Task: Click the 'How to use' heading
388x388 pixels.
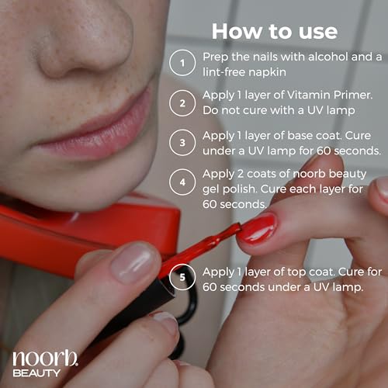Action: click(275, 32)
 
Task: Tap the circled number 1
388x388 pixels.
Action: click(182, 63)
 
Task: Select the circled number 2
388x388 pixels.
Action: click(182, 103)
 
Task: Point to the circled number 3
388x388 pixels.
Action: click(182, 143)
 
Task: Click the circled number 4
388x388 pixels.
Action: click(182, 182)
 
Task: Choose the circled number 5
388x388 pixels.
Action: click(182, 277)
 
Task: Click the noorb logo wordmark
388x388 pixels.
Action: click(45, 358)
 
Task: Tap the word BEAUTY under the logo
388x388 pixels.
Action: click(36, 373)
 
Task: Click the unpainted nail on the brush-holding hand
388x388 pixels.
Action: click(132, 263)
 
